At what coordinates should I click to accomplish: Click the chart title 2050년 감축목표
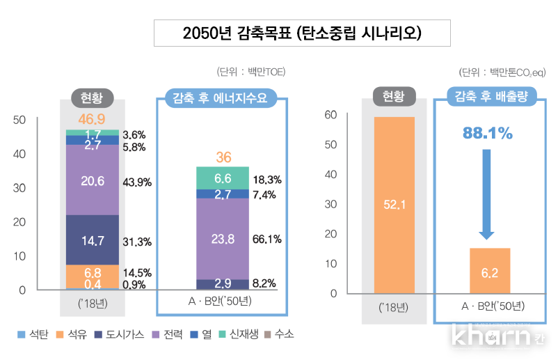[x=301, y=33]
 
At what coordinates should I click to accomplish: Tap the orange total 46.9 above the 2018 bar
[x=92, y=118]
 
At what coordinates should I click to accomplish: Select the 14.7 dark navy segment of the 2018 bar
[x=92, y=240]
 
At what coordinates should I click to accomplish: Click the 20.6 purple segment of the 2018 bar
[x=92, y=180]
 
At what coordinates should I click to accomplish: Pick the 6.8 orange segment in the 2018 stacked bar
[x=92, y=272]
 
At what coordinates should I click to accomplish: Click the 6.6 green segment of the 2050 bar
[x=223, y=178]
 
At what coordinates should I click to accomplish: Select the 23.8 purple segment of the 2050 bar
[x=223, y=239]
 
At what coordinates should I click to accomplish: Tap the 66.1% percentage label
[x=266, y=240]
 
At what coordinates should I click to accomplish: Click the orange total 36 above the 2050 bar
[x=223, y=157]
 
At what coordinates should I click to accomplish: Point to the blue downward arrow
[x=486, y=195]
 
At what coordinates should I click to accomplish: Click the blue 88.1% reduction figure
[x=486, y=133]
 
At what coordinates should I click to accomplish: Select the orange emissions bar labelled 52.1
[x=394, y=205]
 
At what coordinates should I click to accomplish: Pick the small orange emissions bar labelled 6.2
[x=489, y=271]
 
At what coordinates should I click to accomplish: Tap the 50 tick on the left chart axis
[x=20, y=120]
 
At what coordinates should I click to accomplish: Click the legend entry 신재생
[x=239, y=334]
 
